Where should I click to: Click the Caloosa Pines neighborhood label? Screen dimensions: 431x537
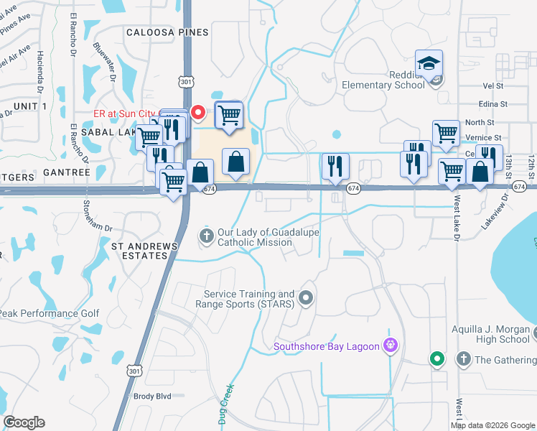[167, 32]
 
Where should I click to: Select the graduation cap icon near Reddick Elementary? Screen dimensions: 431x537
[429, 63]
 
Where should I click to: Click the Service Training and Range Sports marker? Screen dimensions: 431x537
[307, 297]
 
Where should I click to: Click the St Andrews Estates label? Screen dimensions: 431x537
[144, 251]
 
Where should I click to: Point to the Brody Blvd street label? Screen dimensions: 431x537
[152, 396]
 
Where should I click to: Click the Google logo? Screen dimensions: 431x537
[24, 422]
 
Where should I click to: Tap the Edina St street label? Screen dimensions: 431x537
[493, 104]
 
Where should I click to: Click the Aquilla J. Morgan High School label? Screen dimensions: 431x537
[490, 335]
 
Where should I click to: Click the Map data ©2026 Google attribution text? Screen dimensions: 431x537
[492, 425]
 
